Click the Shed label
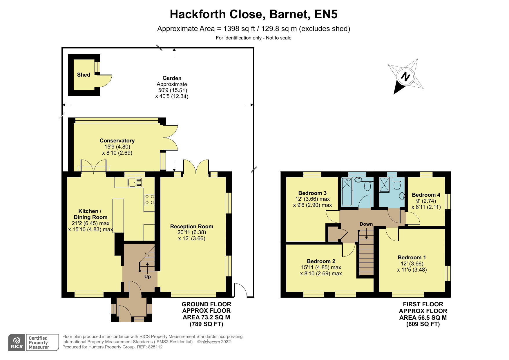click(x=84, y=75)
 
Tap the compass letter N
click(x=405, y=77)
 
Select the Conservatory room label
click(x=117, y=141)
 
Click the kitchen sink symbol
click(x=135, y=182)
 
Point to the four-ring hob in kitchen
click(x=150, y=199)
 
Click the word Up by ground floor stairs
click(x=147, y=277)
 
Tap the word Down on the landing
click(x=366, y=224)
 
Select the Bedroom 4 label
click(x=426, y=195)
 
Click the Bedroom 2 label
click(x=321, y=261)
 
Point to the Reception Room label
click(x=191, y=226)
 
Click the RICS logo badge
click(x=17, y=343)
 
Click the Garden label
click(x=172, y=78)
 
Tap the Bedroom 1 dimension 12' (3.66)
click(x=412, y=264)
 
